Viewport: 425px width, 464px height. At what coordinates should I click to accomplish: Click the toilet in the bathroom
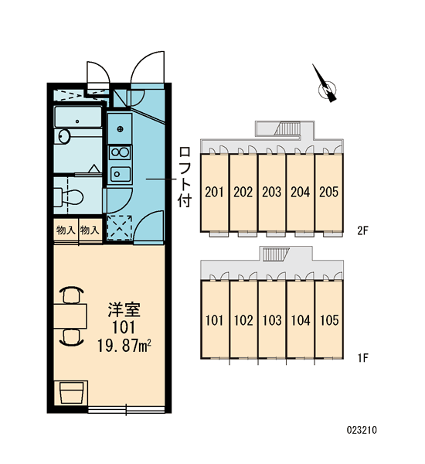pyautogui.click(x=69, y=196)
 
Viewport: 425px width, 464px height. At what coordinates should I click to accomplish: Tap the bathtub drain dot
pyautogui.click(x=77, y=121)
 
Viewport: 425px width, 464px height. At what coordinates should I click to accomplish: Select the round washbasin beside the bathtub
pyautogui.click(x=64, y=137)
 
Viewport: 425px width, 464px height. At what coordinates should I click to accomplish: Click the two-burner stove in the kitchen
pyautogui.click(x=120, y=152)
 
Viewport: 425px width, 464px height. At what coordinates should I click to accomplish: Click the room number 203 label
pyautogui.click(x=271, y=192)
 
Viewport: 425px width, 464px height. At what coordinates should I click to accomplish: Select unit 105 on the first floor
pyautogui.click(x=329, y=319)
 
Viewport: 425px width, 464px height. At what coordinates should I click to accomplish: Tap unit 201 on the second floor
pyautogui.click(x=215, y=193)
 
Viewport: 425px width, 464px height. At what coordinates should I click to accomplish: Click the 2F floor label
pyautogui.click(x=362, y=230)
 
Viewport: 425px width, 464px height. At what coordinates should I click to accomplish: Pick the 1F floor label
pyautogui.click(x=362, y=358)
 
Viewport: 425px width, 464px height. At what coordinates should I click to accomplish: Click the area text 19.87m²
pyautogui.click(x=124, y=346)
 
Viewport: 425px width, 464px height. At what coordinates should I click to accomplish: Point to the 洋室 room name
pyautogui.click(x=124, y=309)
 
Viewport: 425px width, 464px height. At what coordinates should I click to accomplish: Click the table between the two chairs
pyautogui.click(x=70, y=316)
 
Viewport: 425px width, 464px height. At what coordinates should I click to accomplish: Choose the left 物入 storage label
pyautogui.click(x=66, y=230)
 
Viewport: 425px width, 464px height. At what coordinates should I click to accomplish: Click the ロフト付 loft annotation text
pyautogui.click(x=185, y=177)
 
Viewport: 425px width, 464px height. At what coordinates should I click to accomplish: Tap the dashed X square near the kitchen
pyautogui.click(x=119, y=227)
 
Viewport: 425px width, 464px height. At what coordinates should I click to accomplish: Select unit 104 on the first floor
pyautogui.click(x=301, y=319)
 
